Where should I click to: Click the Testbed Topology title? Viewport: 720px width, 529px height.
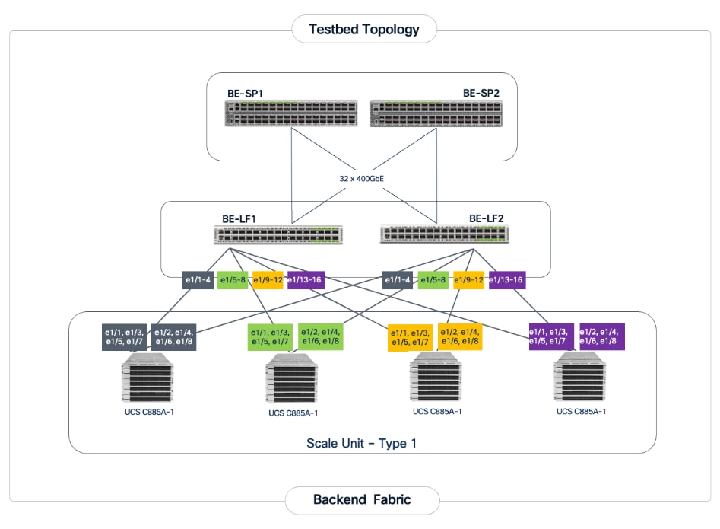pos(363,30)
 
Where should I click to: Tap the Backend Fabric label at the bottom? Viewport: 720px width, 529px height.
pos(362,500)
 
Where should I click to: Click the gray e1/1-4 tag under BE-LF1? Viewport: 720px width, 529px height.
pos(198,280)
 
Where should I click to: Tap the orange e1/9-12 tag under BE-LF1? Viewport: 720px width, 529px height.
pos(268,280)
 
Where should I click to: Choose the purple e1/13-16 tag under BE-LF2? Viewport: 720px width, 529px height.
pos(507,280)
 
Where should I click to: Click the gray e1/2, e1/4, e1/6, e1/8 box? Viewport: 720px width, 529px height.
pos(174,336)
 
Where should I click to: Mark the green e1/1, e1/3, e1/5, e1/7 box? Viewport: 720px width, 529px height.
pos(270,336)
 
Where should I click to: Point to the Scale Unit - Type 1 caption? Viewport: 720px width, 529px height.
pos(361,443)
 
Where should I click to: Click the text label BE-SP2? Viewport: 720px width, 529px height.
pos(481,94)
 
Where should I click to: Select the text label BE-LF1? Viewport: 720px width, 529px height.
pos(239,218)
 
